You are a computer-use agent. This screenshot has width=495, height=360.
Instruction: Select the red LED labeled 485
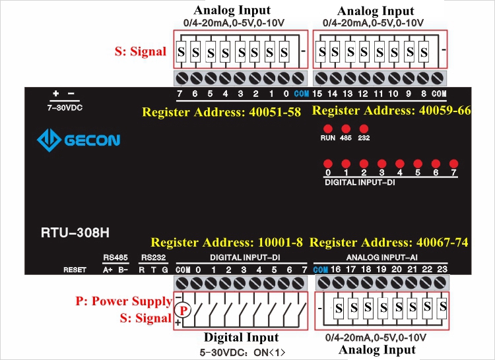345,128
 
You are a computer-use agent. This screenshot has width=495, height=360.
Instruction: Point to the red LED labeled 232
363,128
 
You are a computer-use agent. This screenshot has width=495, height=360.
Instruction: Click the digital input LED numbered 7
453,163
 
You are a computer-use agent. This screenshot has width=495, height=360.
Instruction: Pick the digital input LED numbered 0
327,163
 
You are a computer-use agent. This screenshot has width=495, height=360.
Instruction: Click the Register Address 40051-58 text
226,112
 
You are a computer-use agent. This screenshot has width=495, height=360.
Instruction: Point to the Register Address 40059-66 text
391,110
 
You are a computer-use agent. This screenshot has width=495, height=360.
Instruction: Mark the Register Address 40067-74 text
389,243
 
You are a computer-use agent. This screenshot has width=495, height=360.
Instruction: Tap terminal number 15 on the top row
317,94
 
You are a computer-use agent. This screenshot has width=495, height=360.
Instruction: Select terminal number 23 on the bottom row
442,270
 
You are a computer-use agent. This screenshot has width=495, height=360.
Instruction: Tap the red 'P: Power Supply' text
124,301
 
